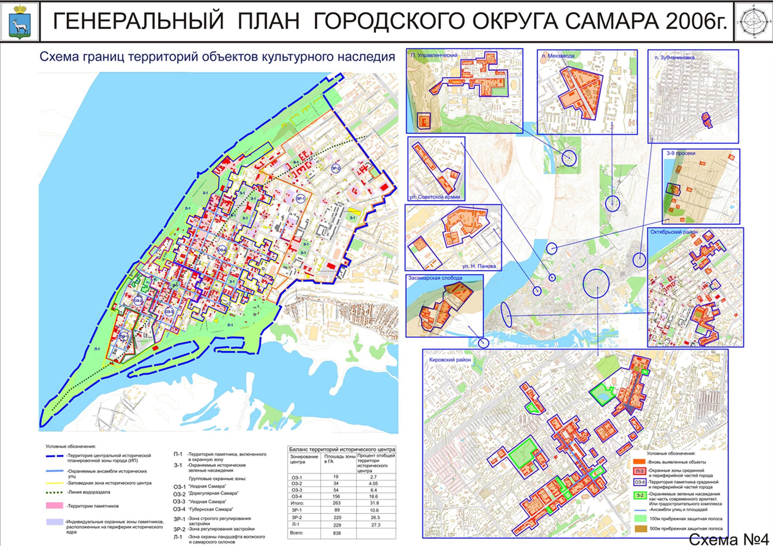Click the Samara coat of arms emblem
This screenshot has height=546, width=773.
pyautogui.click(x=20, y=22)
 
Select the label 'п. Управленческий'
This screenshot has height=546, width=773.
pyautogui.click(x=434, y=55)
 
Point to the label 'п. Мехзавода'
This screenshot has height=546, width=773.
pyautogui.click(x=558, y=56)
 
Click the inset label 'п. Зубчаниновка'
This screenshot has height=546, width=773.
pyautogui.click(x=674, y=57)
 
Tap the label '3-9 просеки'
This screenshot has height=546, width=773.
pyautogui.click(x=681, y=153)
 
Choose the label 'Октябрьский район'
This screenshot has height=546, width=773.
pyautogui.click(x=674, y=232)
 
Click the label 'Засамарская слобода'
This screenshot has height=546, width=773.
pyautogui.click(x=435, y=278)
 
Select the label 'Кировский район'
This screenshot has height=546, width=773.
pyautogui.click(x=450, y=360)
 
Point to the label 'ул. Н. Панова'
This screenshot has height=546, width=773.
pyautogui.click(x=479, y=266)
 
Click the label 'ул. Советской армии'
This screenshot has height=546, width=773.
pyautogui.click(x=435, y=197)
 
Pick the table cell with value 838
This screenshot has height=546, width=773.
pyautogui.click(x=337, y=533)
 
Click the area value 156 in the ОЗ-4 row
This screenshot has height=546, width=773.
pyautogui.click(x=336, y=496)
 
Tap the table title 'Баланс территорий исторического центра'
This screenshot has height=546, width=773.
pyautogui.click(x=342, y=449)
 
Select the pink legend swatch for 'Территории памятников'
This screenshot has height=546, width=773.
pyautogui.click(x=54, y=506)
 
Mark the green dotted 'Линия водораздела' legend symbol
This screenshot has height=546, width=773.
pyautogui.click(x=54, y=492)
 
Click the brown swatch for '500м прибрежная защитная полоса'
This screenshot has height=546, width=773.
pyautogui.click(x=640, y=529)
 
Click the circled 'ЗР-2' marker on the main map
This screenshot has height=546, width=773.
pyautogui.click(x=336, y=169)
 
